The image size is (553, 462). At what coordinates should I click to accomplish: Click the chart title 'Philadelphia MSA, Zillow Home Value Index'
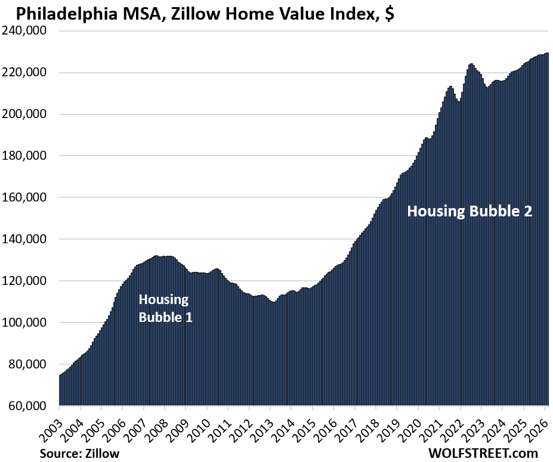(x=197, y=13)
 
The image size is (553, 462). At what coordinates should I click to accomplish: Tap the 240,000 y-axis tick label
(x=27, y=31)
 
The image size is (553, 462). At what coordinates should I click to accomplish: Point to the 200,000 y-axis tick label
(x=27, y=114)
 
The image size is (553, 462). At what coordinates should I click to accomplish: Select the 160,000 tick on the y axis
(x=27, y=198)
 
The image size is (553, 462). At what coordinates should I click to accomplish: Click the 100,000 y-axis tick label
(x=27, y=323)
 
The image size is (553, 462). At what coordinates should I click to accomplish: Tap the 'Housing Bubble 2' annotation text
(x=469, y=211)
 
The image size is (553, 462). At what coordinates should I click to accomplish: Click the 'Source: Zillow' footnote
(x=79, y=453)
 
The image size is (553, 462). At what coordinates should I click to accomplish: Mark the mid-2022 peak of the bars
(x=471, y=64)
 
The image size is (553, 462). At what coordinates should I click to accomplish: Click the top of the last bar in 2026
(x=548, y=54)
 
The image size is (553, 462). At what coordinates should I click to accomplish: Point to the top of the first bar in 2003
(x=60, y=376)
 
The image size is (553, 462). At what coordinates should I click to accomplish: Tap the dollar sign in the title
(x=388, y=13)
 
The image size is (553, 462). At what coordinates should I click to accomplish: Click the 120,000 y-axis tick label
(x=27, y=281)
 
